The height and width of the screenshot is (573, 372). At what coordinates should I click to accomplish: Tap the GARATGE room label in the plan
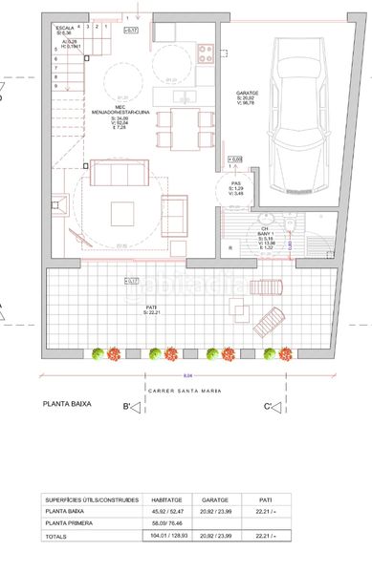coord(248,94)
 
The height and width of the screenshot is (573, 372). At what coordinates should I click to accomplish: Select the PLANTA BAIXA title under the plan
coord(67,405)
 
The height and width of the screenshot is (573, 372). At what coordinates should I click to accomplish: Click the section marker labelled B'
coord(130,409)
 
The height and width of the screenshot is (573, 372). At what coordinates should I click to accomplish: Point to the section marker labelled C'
coord(274,409)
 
